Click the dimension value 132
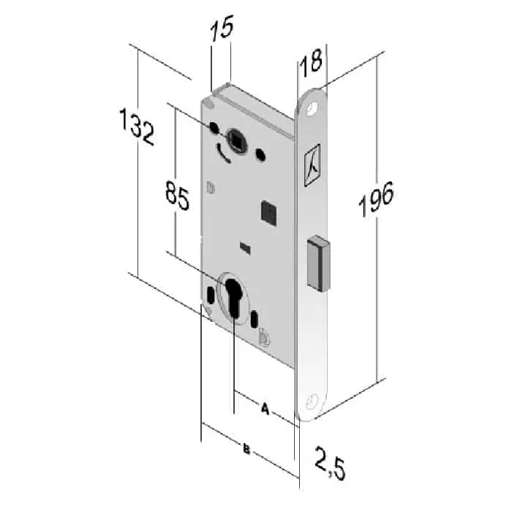click(x=138, y=127)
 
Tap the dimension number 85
click(x=177, y=195)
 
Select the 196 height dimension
click(x=376, y=199)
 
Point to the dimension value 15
click(x=222, y=28)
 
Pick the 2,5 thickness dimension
click(x=330, y=464)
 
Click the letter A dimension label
click(x=265, y=409)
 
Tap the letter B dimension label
click(x=246, y=450)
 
